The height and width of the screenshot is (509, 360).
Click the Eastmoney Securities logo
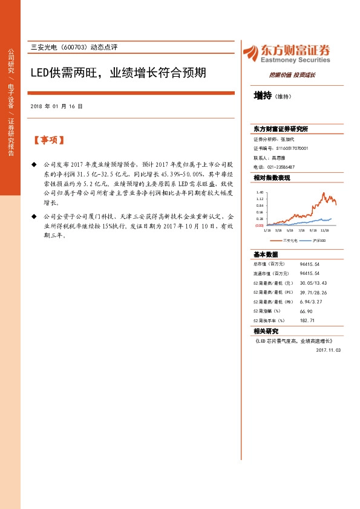pos(286,54)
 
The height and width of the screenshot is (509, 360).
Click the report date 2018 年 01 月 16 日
pos(56,106)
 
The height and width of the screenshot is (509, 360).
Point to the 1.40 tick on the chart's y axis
pos(260,192)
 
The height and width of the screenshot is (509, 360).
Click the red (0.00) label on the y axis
pos(258,225)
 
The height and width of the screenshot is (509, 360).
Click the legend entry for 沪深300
pos(317,240)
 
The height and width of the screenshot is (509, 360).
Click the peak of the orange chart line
pos(324,193)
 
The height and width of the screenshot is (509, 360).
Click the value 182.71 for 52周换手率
pos(307,320)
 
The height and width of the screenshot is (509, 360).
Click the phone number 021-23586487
pos(281,166)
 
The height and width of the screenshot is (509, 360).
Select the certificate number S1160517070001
pos(292,148)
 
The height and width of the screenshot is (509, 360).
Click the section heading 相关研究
pos(266,331)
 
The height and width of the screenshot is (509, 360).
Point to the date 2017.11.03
pos(329,350)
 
